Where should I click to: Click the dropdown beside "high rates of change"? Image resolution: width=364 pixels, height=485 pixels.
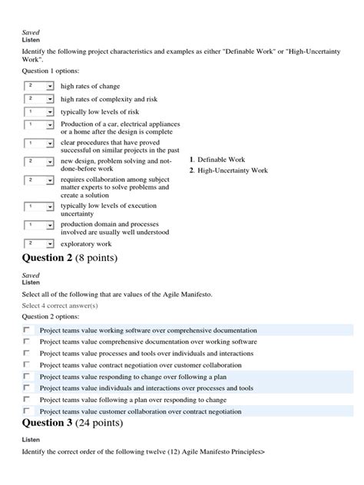point(39,86)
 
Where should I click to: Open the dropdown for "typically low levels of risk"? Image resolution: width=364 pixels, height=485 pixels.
point(39,111)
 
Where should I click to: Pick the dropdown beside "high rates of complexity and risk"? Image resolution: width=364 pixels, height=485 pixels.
point(39,99)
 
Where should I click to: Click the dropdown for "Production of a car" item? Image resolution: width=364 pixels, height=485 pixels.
point(39,124)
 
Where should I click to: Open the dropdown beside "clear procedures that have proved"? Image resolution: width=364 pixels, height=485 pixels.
point(39,143)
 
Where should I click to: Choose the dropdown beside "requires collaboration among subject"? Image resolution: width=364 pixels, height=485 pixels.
point(39,180)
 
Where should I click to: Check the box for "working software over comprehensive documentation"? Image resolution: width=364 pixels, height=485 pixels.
point(27,329)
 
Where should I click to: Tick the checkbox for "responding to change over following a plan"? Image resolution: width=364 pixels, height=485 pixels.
point(27,376)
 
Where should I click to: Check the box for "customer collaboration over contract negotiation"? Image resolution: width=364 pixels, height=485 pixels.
point(27,411)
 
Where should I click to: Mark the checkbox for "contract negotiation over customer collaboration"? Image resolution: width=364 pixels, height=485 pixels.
point(27,365)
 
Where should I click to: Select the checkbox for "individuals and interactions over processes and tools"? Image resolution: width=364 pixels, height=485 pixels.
point(27,388)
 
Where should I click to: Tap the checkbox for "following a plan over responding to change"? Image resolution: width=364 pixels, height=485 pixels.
point(27,399)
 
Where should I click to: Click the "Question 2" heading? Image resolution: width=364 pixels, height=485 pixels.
point(70,257)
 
